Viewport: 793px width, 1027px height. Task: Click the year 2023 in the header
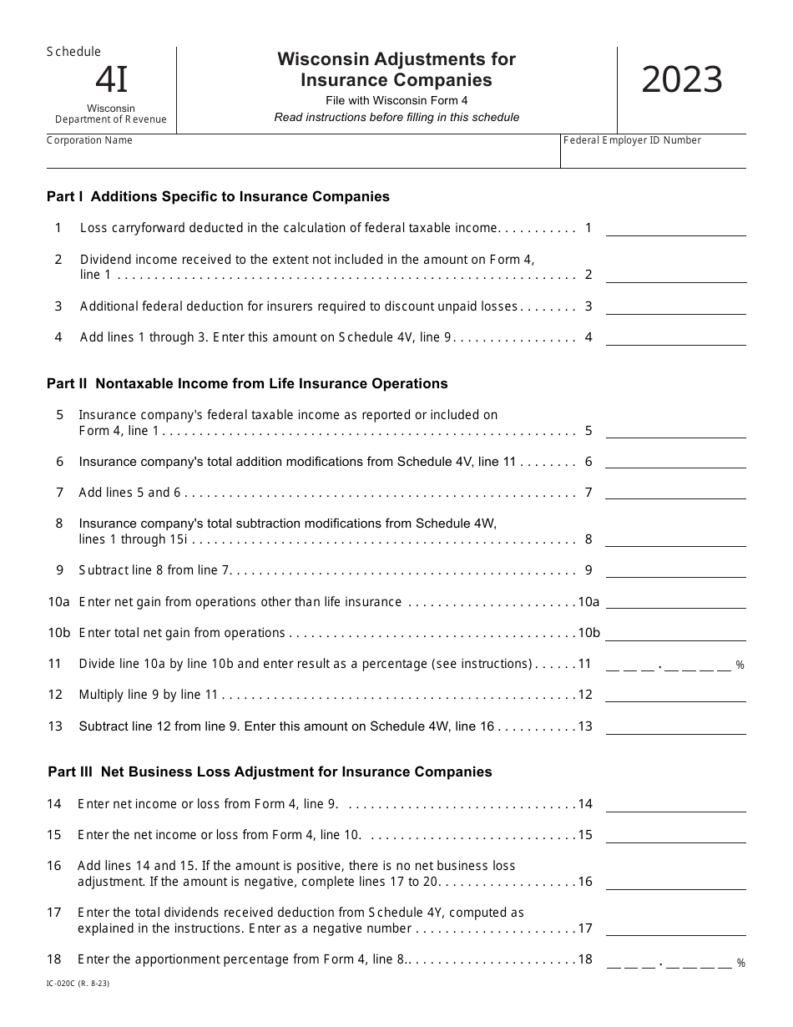682,81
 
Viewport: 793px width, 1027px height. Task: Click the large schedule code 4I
111,80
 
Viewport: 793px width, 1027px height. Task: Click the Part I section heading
218,197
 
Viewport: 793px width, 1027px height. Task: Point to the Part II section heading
247,384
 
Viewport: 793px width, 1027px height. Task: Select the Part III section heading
270,772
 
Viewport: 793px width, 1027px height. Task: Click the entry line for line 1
675,229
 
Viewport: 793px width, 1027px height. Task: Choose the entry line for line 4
675,338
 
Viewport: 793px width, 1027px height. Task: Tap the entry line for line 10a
675,603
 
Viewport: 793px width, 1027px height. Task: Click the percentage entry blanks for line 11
669,665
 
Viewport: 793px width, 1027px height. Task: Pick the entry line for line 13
675,727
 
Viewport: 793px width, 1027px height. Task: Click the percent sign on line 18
740,964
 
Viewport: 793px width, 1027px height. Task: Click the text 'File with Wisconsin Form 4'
396,101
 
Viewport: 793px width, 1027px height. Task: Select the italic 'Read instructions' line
396,118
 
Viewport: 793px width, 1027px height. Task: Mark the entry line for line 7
675,493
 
